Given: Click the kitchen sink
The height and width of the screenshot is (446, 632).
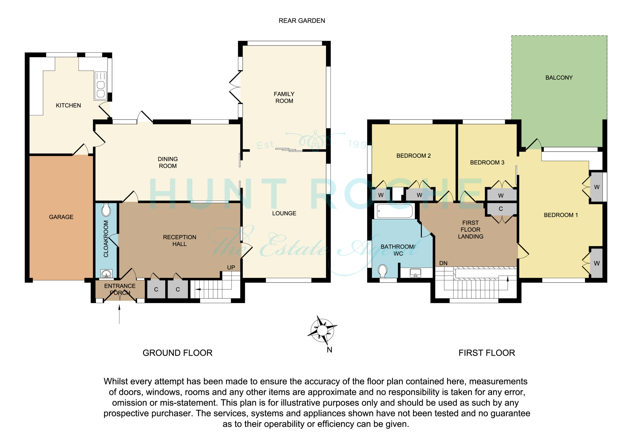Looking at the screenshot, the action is [x=100, y=85].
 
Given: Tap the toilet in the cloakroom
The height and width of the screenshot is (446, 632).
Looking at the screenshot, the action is [x=106, y=210].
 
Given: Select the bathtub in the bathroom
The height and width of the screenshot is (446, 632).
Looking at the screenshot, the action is [x=395, y=211].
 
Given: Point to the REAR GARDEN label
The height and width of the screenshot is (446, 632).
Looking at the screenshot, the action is [x=302, y=21].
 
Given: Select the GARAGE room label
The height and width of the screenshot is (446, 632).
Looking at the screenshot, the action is [x=61, y=217].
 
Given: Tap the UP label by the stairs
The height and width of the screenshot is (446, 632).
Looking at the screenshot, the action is [x=231, y=267].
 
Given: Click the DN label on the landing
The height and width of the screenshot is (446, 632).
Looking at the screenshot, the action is [x=443, y=263].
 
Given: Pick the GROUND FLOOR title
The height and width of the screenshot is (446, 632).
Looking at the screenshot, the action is [x=178, y=353].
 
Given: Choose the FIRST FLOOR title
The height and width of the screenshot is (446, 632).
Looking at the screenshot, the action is [x=487, y=353].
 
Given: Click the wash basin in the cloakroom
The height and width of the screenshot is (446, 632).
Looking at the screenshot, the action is [x=106, y=274].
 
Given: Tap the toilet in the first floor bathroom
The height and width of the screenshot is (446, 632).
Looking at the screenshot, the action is [x=383, y=271].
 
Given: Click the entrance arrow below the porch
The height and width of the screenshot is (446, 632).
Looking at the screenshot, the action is [x=119, y=315].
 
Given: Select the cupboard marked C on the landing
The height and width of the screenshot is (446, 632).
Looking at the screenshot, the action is [x=501, y=209].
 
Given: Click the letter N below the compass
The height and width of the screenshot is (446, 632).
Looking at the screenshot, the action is [x=330, y=350].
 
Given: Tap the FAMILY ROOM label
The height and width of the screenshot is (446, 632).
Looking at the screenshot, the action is [x=284, y=98].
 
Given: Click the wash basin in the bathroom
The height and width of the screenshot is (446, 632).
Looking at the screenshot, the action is [x=415, y=273].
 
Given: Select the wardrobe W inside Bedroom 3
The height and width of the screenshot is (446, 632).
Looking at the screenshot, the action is [x=501, y=195].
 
